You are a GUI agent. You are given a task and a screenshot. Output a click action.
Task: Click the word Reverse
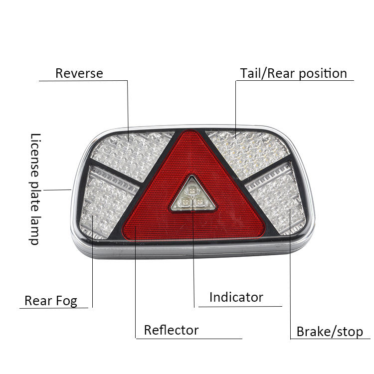pos(79,73)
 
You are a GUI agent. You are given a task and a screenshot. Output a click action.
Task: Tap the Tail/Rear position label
pos(293,73)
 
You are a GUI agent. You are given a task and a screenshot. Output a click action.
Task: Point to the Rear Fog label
pos(51,301)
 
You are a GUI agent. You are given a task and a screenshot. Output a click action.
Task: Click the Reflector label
pos(171,330)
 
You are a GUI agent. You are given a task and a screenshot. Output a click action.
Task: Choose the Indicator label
pos(236,298)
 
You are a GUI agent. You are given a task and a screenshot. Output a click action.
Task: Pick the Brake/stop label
pos(330,332)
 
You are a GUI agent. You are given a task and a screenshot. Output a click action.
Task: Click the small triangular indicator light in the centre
pos(192,195)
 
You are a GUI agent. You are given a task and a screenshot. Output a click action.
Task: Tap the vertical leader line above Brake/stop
pos(290,279)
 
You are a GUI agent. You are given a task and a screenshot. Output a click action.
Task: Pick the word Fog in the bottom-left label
pos(67,301)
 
